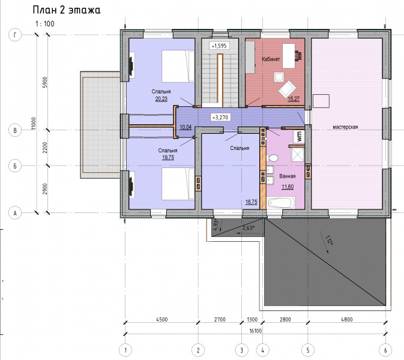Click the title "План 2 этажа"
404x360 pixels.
coord(67,10)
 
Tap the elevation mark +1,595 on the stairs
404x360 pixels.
coord(219,46)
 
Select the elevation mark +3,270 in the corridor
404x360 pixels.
coord(220,118)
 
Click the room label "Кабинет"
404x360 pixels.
coord(271,59)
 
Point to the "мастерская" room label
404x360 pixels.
coord(345,127)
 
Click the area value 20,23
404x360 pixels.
coord(161,98)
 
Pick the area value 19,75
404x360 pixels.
coord(168,157)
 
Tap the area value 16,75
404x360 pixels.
coord(251,202)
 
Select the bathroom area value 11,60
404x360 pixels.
coord(288,187)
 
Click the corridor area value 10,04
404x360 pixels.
coord(185,127)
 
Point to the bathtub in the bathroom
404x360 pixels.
coord(282,202)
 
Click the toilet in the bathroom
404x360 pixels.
coord(273,158)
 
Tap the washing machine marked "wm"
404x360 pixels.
coord(299,136)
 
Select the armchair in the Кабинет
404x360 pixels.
coord(287,89)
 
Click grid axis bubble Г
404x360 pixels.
coord(15,35)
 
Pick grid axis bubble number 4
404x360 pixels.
coord(262,350)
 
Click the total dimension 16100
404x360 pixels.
coord(255,331)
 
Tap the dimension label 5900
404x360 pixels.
coord(45,82)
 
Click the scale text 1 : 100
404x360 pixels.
coord(45,24)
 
